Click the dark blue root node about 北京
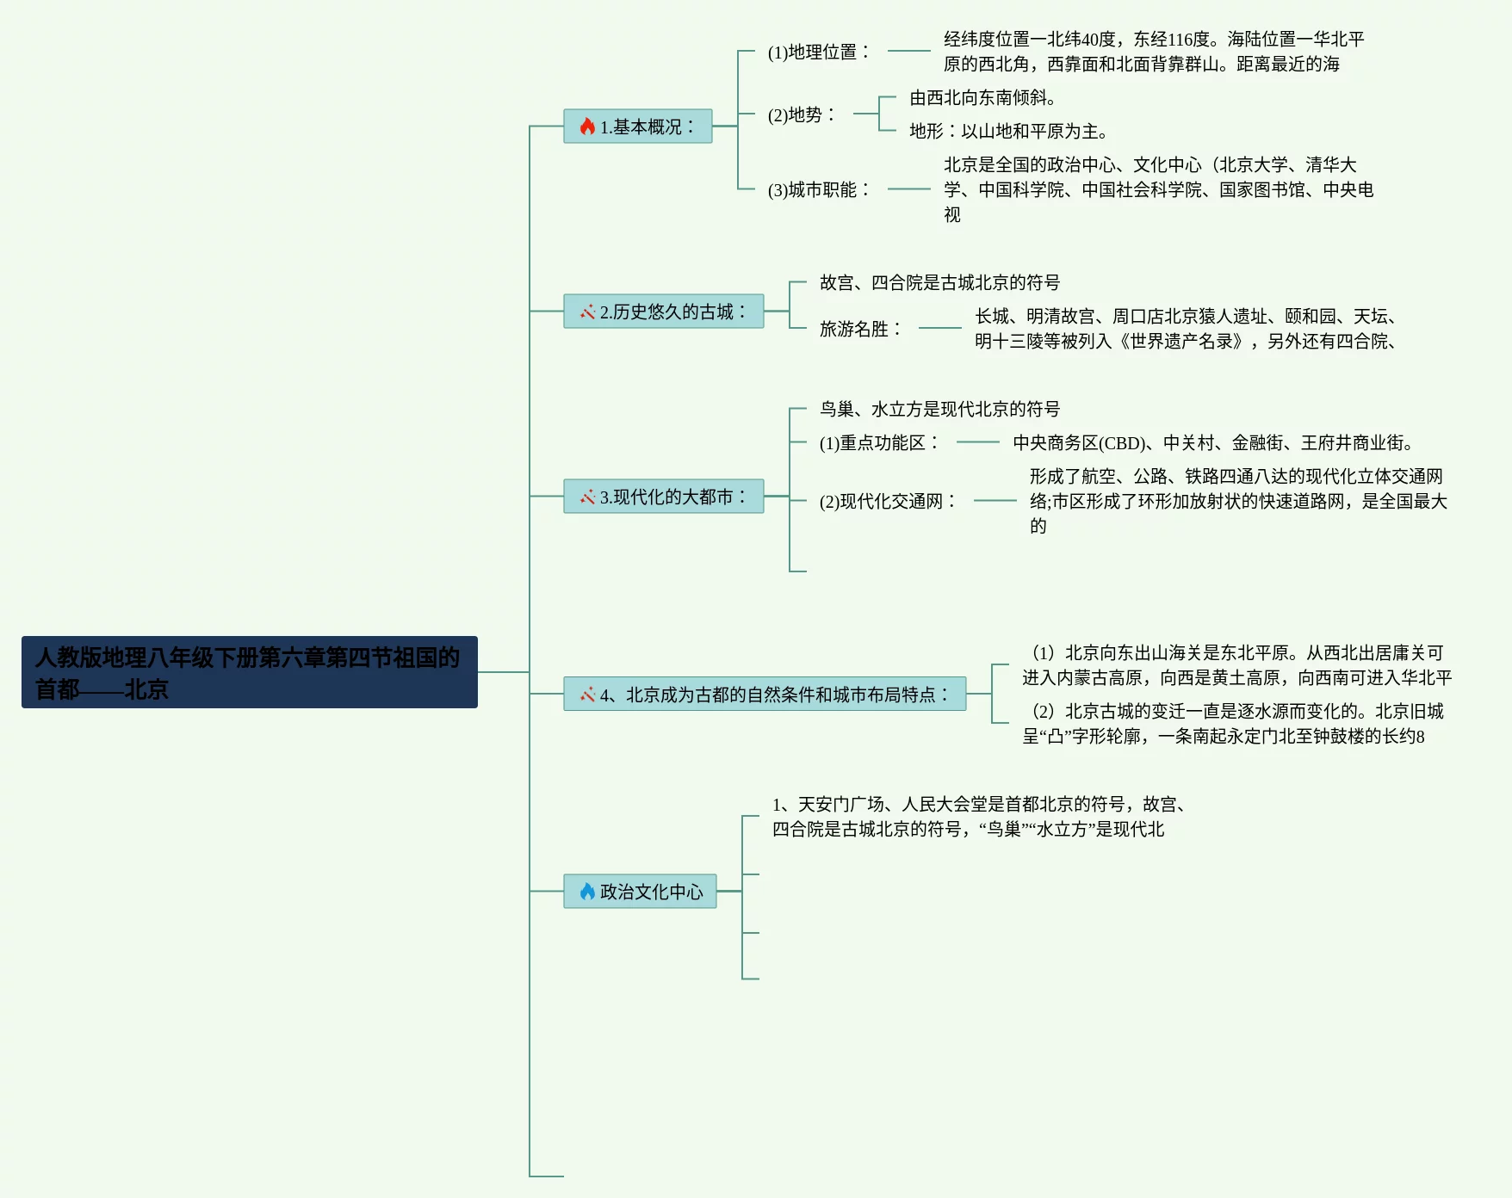pos(249,672)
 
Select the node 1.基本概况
pos(638,127)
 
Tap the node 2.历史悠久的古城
pos(664,312)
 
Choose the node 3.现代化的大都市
pos(664,497)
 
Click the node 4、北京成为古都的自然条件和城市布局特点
pos(765,695)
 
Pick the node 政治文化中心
pos(640,892)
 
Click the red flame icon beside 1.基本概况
pos(587,127)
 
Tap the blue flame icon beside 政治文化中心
pos(587,892)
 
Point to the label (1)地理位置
pos(818,52)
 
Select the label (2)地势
pos(801,114)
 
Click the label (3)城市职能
pos(818,189)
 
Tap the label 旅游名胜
pos(859,329)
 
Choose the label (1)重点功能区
pos(878,442)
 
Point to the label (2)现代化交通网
pos(887,501)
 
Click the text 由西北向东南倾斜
pos(982,98)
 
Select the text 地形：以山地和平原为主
pos(1007,132)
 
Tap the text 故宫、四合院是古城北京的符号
pos(939,282)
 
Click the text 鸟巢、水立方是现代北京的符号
pos(939,409)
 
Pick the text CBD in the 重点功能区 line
pos(1123,443)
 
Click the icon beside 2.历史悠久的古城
pos(587,312)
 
